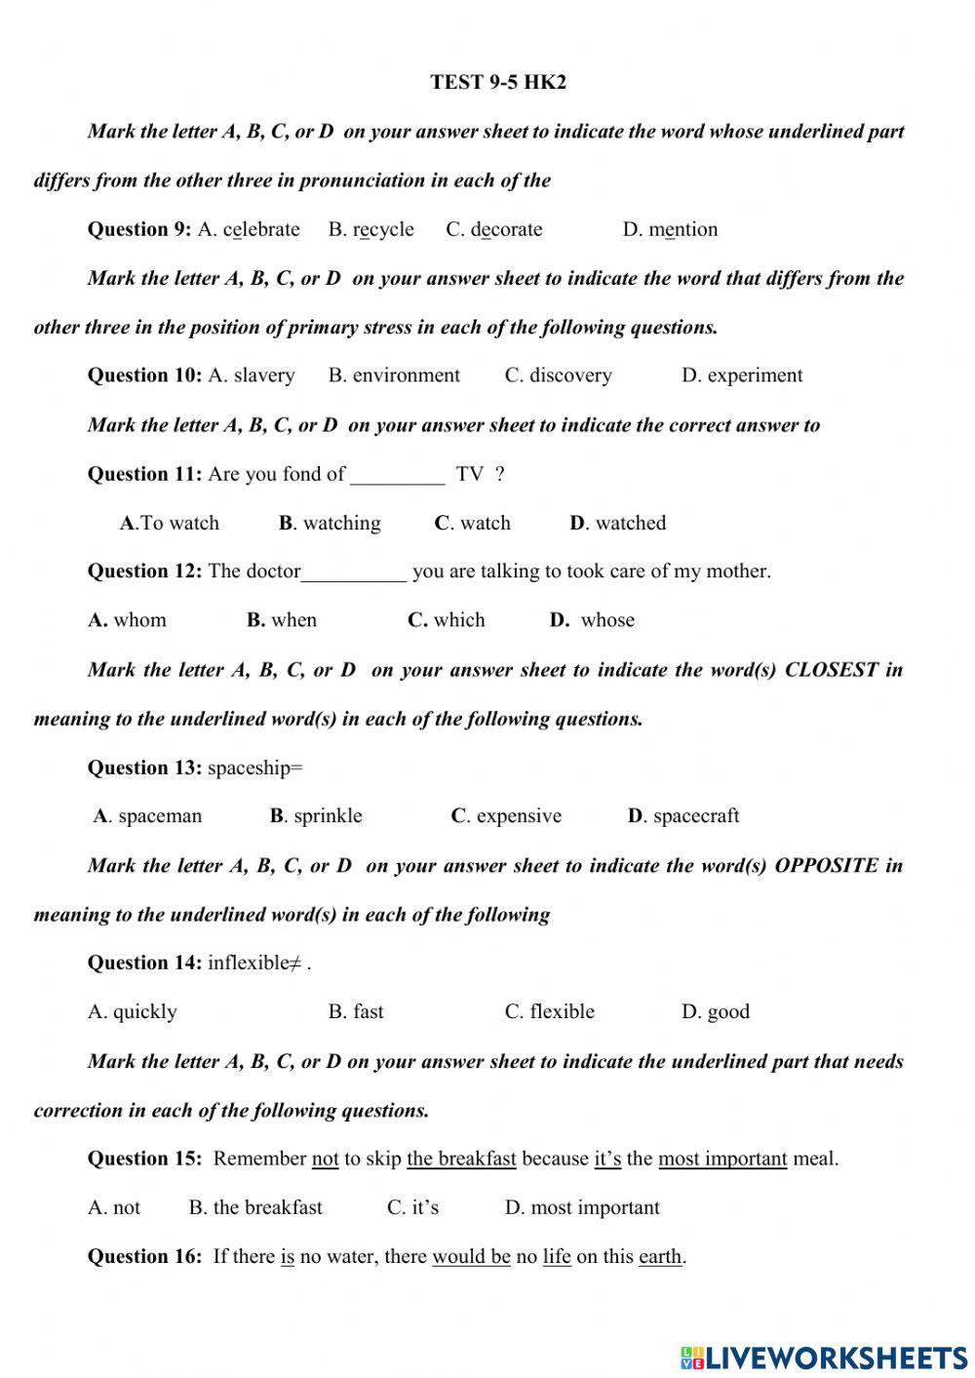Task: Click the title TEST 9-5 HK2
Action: pos(497,83)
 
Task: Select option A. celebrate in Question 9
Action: pos(249,230)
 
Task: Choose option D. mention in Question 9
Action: pos(670,230)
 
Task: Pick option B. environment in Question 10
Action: pos(394,375)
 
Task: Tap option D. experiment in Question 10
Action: pos(741,375)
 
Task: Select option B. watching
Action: pos(330,523)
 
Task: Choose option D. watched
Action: pos(617,523)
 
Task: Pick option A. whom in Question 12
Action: pos(127,620)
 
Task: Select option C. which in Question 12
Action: pos(446,620)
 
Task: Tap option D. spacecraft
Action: pos(683,816)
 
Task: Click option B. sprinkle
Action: pos(316,816)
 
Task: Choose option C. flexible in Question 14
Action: pos(549,1012)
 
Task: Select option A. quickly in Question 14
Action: pos(133,1012)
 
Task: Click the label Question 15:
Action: pos(144,1159)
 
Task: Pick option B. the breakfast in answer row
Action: pos(255,1207)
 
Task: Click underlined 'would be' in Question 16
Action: pos(471,1257)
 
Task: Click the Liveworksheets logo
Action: pos(823,1357)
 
